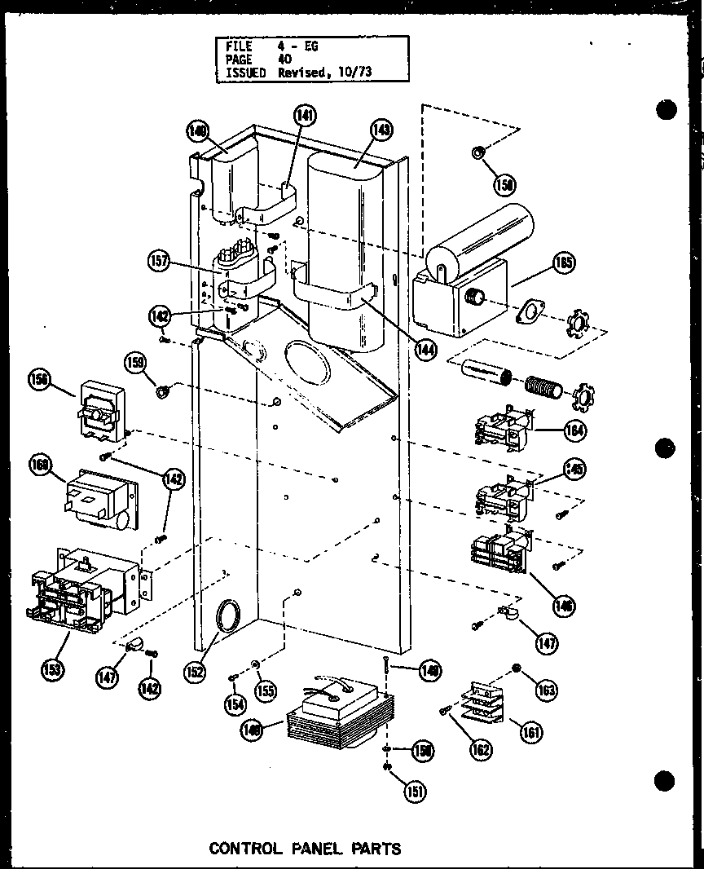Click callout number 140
click(197, 130)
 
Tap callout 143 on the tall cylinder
click(381, 130)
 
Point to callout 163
click(547, 690)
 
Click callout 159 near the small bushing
click(136, 360)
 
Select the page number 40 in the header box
click(285, 60)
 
